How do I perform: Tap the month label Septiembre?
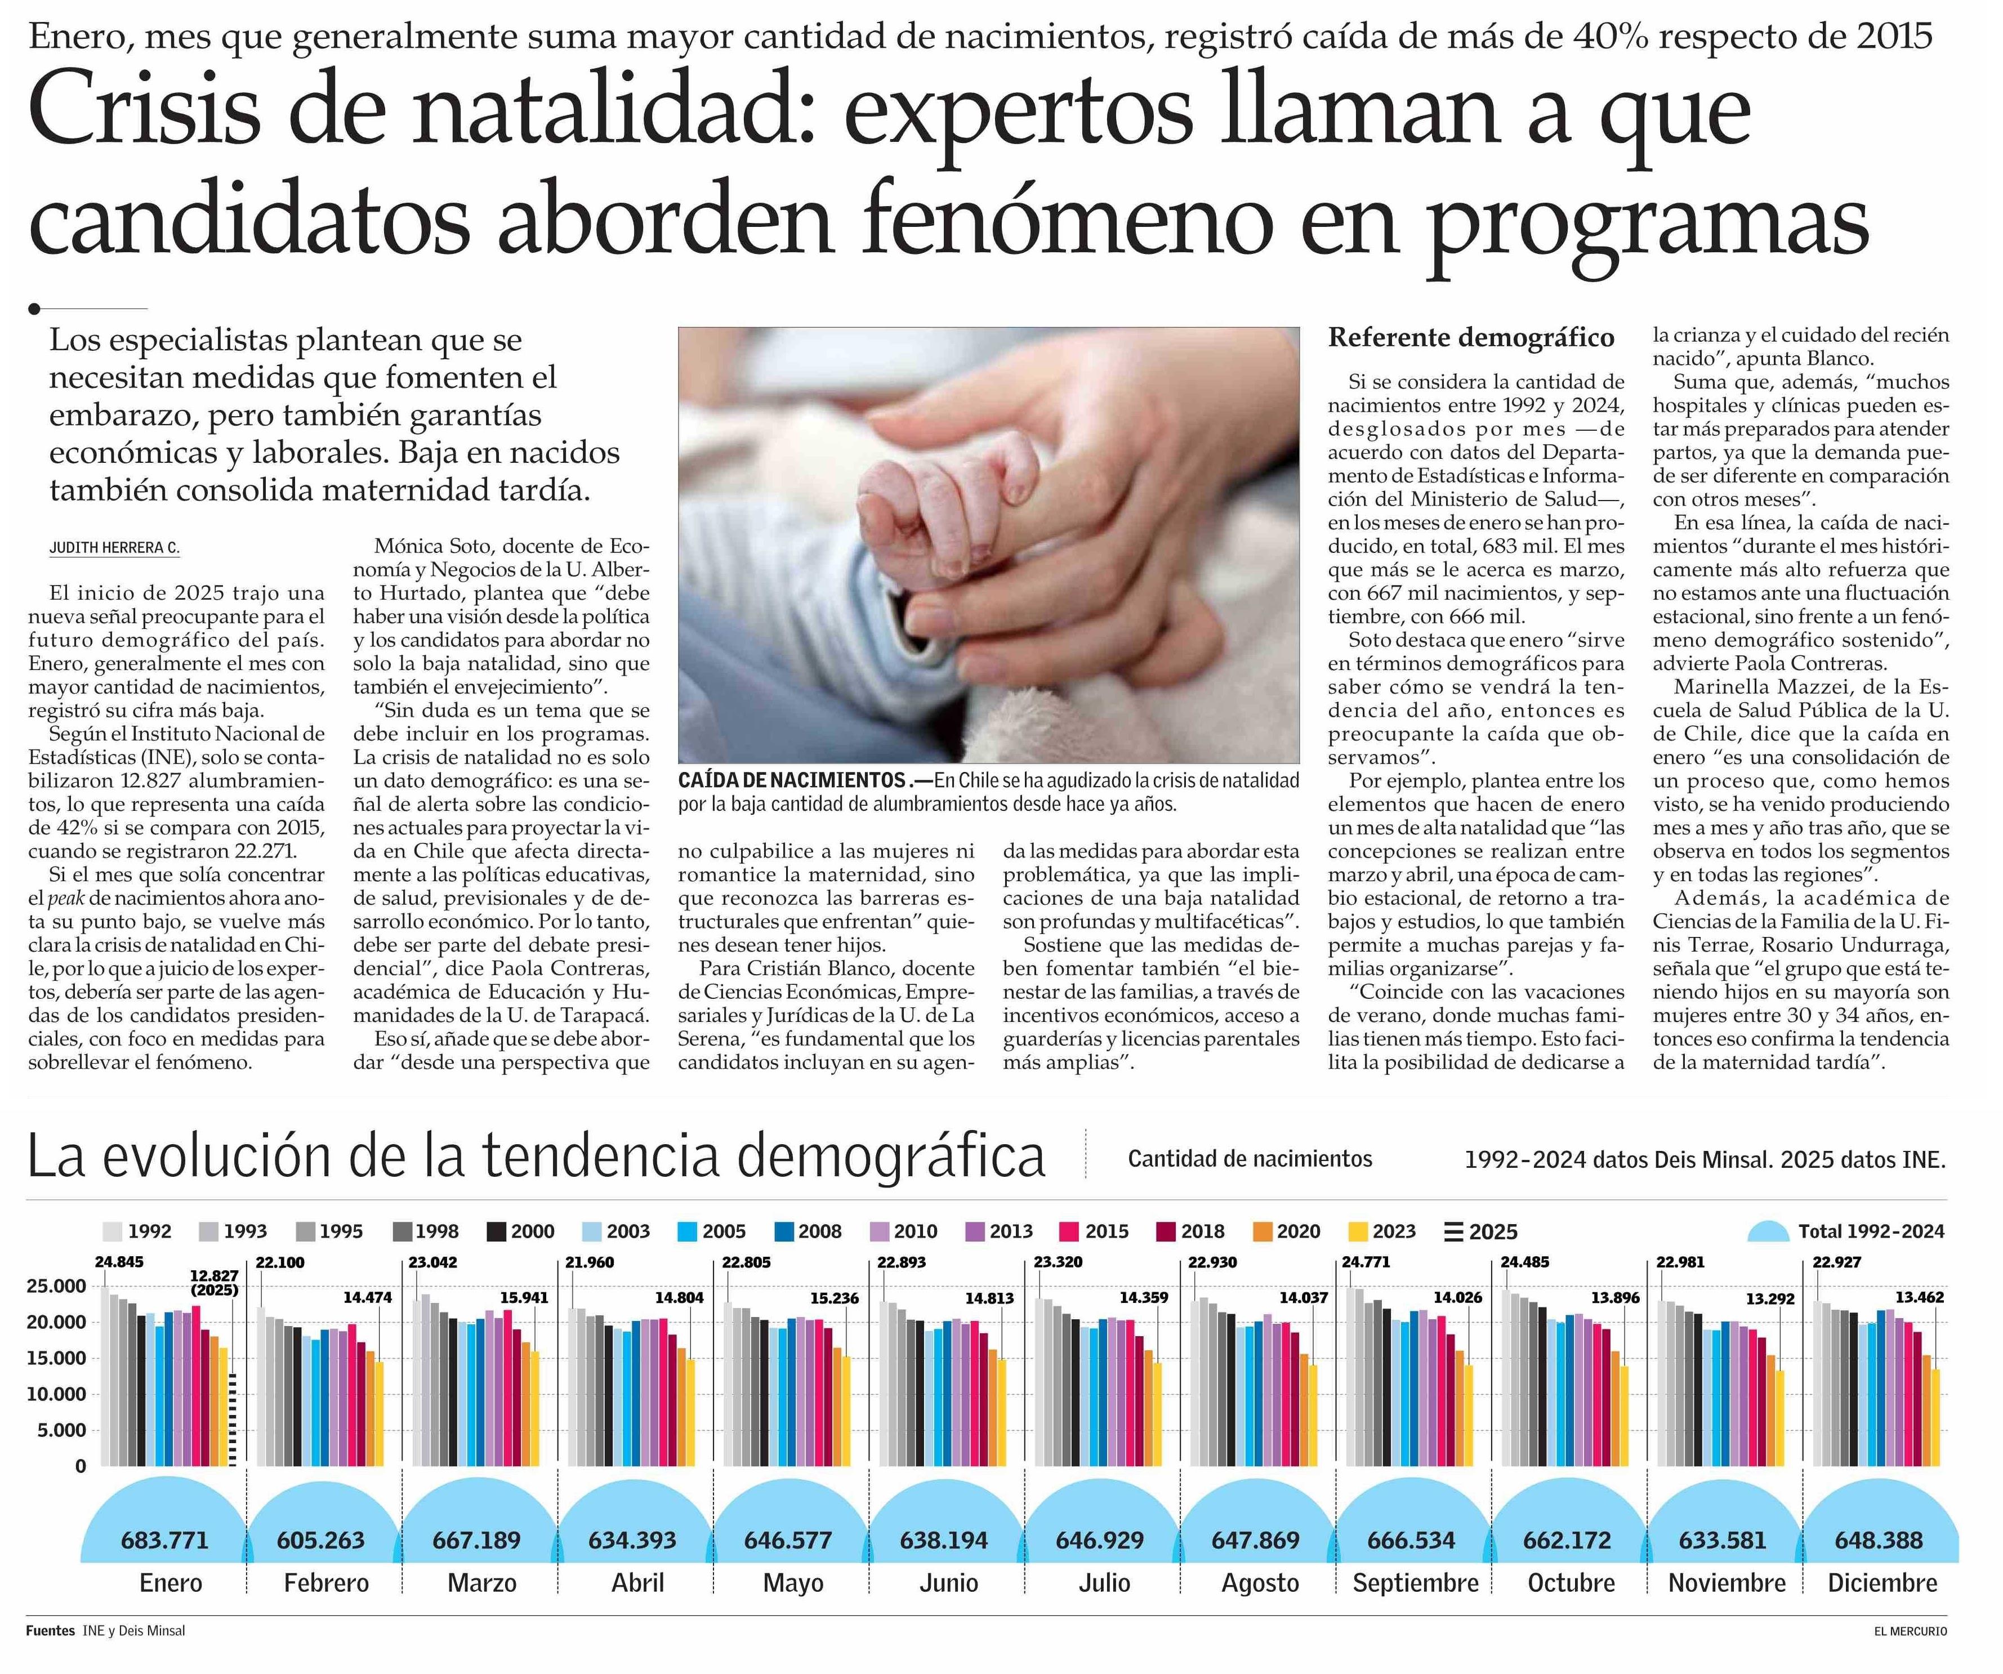(x=1416, y=1583)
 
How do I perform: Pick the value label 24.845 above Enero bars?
(x=119, y=1262)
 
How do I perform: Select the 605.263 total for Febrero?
(x=320, y=1539)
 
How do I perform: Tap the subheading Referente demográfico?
(x=1471, y=338)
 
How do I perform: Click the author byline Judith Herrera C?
(x=114, y=548)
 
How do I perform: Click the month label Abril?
(x=637, y=1583)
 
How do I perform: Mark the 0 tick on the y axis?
(x=80, y=1466)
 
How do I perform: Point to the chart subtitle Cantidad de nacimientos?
(x=1250, y=1159)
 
